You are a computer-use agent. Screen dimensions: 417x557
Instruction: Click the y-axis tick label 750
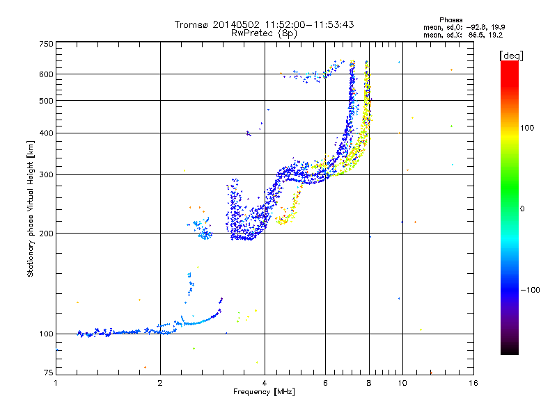tap(46, 43)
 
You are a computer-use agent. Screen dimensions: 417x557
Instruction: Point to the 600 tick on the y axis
tap(46, 74)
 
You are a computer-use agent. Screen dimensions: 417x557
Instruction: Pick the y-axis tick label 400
tap(46, 133)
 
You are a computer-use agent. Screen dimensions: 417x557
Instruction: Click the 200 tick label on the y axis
tap(46, 233)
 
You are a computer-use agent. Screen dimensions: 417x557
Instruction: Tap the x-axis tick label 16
tap(473, 383)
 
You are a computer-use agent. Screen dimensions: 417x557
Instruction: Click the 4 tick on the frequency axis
tap(265, 383)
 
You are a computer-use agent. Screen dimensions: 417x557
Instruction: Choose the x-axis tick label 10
tap(402, 383)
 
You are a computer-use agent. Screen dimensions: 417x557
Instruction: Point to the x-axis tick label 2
tap(160, 383)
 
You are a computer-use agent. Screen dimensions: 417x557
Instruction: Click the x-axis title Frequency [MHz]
tap(264, 393)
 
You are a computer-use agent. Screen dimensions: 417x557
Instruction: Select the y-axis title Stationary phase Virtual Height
tap(31, 208)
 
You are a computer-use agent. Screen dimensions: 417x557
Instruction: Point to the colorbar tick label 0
tap(524, 208)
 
